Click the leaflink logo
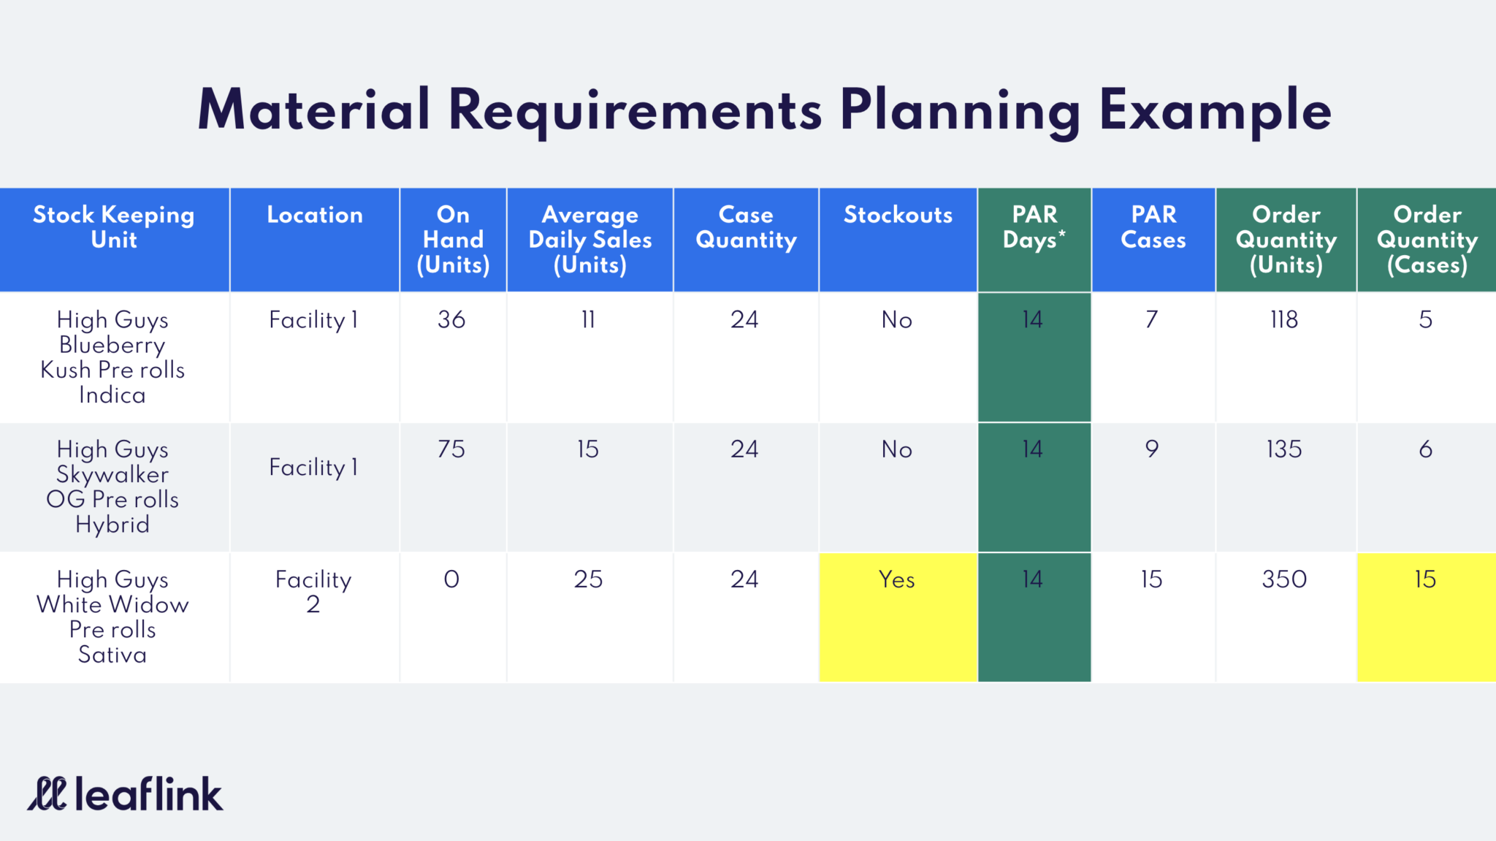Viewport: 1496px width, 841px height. pyautogui.click(x=125, y=794)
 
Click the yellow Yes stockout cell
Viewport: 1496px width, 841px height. pyautogui.click(x=898, y=617)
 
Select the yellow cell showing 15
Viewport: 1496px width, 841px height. pyautogui.click(x=1426, y=617)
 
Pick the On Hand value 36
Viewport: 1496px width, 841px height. pyautogui.click(x=451, y=319)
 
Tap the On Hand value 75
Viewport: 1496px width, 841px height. pyautogui.click(x=451, y=449)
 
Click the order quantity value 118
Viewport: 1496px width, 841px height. pyautogui.click(x=1284, y=319)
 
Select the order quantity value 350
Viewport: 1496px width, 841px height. pyautogui.click(x=1284, y=579)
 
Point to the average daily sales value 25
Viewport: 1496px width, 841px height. pyautogui.click(x=588, y=579)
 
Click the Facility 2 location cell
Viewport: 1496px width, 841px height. pyautogui.click(x=313, y=591)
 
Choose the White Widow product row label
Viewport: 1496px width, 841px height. pyautogui.click(x=112, y=617)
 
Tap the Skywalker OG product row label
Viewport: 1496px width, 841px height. pyautogui.click(x=112, y=487)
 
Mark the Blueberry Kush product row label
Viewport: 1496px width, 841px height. pyautogui.click(x=112, y=357)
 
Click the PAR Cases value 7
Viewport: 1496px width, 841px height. pyautogui.click(x=1152, y=319)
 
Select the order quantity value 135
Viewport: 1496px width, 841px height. pyautogui.click(x=1284, y=449)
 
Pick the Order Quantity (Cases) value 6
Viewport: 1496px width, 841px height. pyautogui.click(x=1426, y=449)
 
